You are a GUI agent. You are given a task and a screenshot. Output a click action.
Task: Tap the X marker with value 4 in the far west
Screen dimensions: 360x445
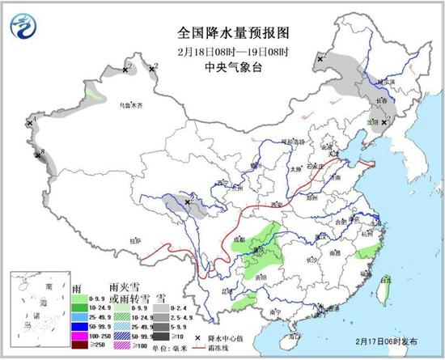click(29, 124)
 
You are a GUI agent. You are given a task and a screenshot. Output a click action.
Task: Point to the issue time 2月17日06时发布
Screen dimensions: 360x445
click(384, 342)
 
